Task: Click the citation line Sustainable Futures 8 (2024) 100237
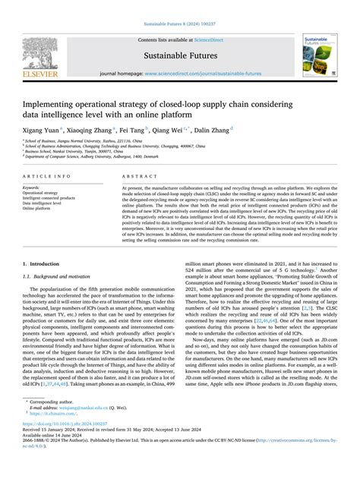[179, 5]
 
